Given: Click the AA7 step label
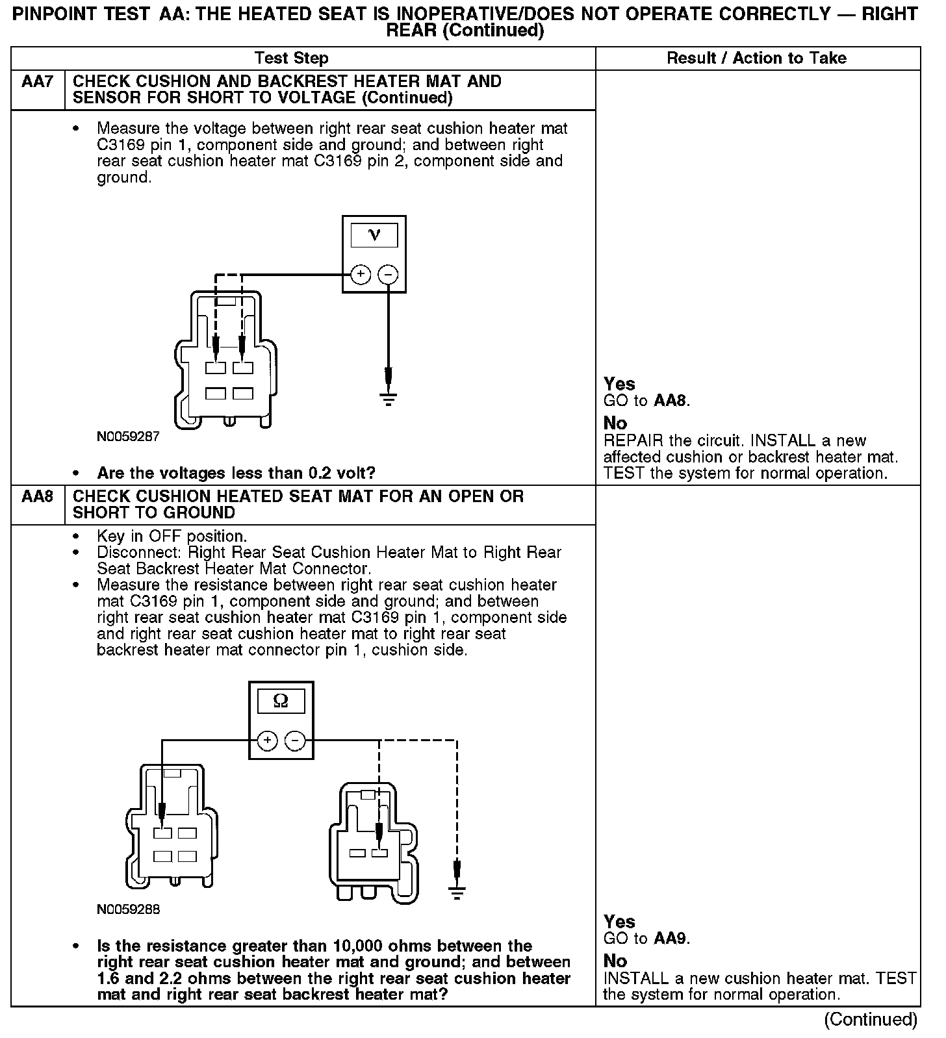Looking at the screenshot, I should (37, 82).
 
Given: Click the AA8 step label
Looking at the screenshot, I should (37, 497).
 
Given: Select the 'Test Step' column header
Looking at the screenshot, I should (292, 58).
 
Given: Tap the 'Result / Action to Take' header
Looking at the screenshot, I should (757, 58).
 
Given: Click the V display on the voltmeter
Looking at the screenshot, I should (374, 235).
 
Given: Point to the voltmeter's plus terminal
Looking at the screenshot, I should (361, 275).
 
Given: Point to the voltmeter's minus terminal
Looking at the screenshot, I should (388, 275).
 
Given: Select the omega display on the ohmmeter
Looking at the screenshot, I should (281, 700).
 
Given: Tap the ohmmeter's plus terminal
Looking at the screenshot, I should (268, 740).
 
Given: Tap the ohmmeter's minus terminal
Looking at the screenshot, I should (295, 740).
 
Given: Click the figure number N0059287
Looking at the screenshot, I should (129, 437).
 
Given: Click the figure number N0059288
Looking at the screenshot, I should (129, 909).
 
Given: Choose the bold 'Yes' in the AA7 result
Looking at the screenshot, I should (619, 384).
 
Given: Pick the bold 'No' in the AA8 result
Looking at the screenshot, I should (615, 961).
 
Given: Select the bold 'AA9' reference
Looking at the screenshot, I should (671, 939).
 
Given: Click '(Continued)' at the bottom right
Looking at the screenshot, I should (871, 1020).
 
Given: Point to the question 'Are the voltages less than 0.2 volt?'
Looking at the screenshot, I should (236, 473).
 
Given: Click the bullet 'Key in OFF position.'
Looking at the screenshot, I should (172, 537).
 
